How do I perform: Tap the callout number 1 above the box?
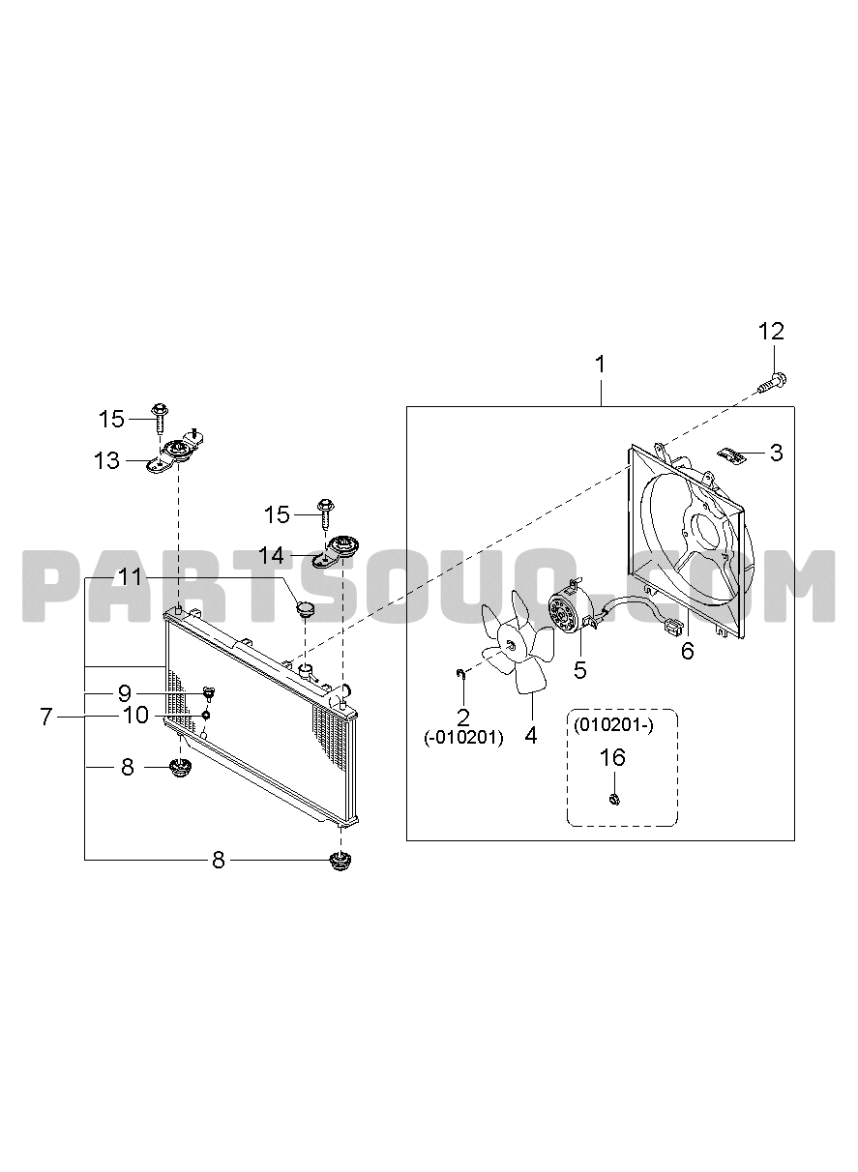click(x=601, y=365)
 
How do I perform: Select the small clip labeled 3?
click(x=730, y=454)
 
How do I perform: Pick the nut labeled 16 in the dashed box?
click(x=615, y=800)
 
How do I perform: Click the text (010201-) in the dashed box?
click(x=613, y=726)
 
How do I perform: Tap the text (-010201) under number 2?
click(x=463, y=738)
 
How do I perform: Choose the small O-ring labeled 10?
click(x=206, y=715)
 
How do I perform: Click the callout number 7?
click(x=46, y=717)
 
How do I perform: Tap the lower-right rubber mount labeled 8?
click(x=340, y=861)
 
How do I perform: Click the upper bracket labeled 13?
click(x=174, y=452)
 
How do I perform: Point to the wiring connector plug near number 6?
click(x=672, y=626)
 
